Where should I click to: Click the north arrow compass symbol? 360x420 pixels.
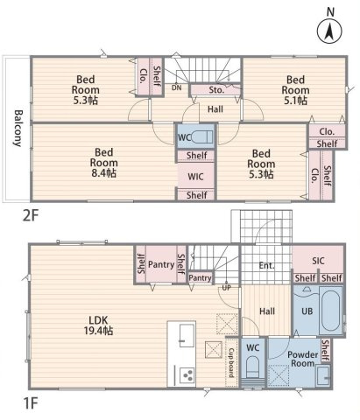click(329, 31)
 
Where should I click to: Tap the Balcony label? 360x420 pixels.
click(18, 128)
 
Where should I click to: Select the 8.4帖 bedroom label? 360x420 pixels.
click(103, 163)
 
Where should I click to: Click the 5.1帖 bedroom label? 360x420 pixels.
click(295, 90)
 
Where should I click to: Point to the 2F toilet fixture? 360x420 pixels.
click(201, 136)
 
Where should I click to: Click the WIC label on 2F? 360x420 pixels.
click(195, 177)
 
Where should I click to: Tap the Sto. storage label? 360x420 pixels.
click(216, 90)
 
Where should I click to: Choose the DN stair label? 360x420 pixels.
click(176, 87)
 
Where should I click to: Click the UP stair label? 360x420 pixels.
click(226, 288)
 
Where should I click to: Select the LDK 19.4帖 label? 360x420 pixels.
click(98, 325)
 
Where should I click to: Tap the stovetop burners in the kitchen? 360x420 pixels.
click(187, 374)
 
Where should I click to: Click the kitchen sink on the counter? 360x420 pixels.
click(187, 336)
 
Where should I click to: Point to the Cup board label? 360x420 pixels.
click(231, 362)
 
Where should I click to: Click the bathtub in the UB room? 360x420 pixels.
click(330, 310)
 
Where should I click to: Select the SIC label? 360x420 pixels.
click(318, 261)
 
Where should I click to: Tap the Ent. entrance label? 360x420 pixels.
click(267, 265)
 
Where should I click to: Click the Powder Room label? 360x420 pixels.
click(302, 359)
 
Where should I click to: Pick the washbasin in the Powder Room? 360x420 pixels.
click(323, 376)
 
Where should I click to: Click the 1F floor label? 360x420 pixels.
click(31, 404)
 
